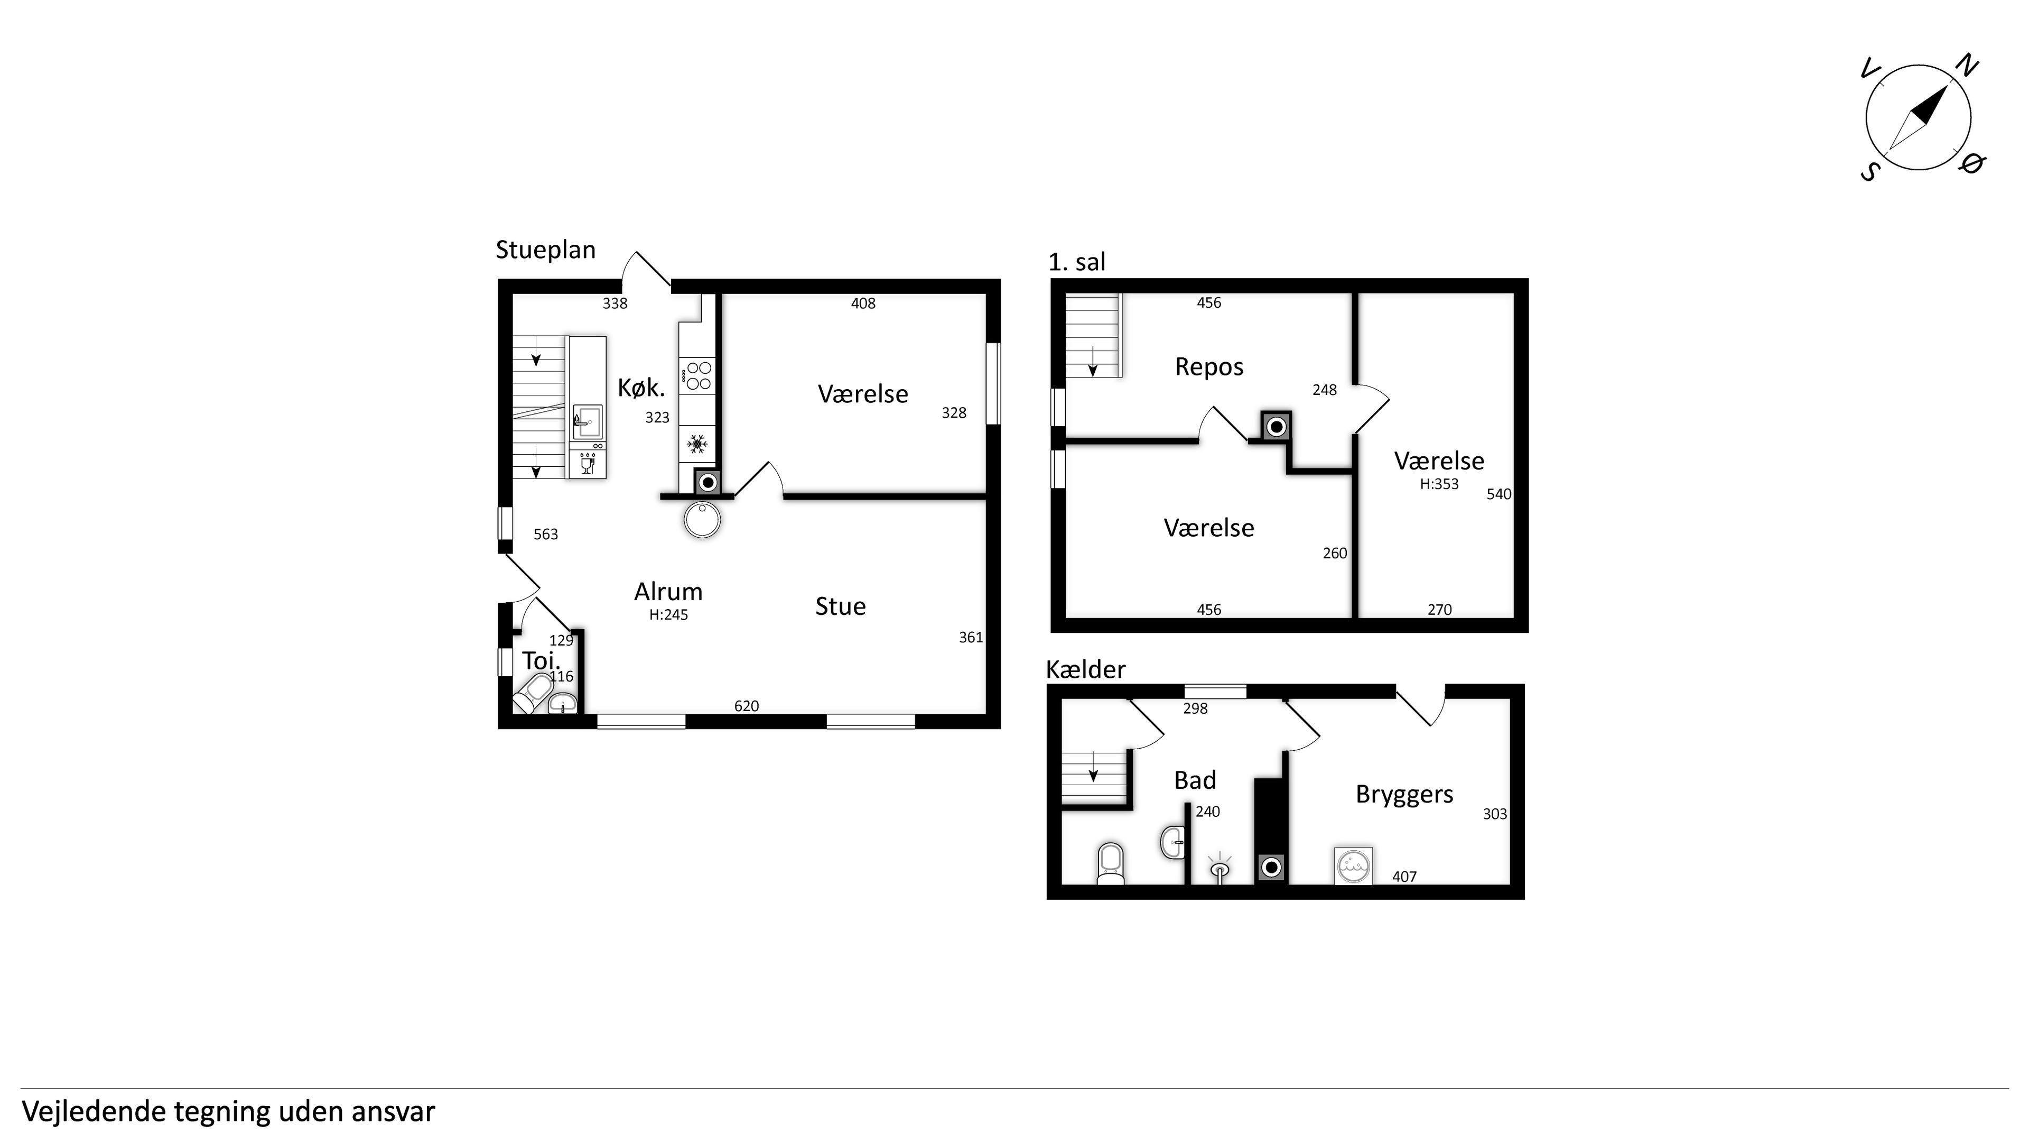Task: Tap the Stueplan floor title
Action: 545,250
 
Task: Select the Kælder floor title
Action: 1085,669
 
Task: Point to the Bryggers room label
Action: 1404,795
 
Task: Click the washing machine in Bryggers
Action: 1354,865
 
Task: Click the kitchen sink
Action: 587,422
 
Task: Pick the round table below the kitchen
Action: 702,519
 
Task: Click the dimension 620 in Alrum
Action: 747,706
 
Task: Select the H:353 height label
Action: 1439,485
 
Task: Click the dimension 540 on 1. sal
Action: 1499,494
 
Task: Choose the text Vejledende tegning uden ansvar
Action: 228,1112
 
